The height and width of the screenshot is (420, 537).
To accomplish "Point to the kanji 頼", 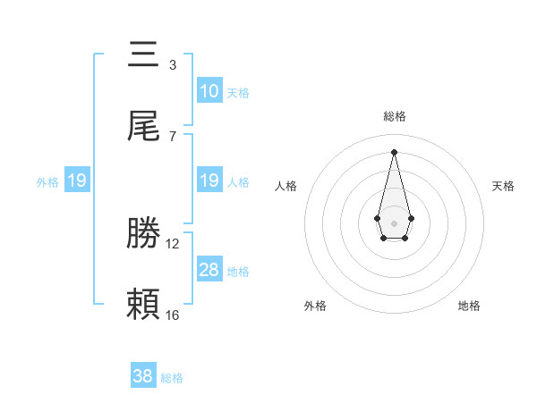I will tap(143, 305).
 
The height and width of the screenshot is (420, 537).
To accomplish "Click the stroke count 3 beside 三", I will tap(172, 64).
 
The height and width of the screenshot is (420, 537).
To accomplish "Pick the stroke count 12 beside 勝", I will tap(173, 243).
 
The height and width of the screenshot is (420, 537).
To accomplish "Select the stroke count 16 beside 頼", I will tap(173, 315).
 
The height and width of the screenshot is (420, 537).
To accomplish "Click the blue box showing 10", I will tap(209, 91).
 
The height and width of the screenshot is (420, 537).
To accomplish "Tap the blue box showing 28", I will tap(209, 270).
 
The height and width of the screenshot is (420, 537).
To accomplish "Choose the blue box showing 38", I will tap(143, 376).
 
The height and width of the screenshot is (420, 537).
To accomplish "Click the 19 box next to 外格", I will tap(77, 181).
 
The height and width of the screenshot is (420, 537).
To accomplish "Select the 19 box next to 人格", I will tap(209, 181).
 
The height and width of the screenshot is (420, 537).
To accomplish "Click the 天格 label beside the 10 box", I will tap(238, 92).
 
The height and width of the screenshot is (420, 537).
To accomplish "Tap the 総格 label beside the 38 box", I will tap(172, 377).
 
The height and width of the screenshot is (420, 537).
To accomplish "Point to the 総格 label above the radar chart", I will tap(394, 116).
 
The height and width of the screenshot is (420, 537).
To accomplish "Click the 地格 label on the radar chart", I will tap(469, 306).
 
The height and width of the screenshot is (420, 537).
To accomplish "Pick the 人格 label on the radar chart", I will tap(286, 186).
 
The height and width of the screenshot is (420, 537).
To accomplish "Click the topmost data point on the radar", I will tap(394, 151).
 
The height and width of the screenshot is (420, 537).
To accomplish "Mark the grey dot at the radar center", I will tap(394, 222).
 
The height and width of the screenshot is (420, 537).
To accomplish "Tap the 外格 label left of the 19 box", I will tap(47, 181).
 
